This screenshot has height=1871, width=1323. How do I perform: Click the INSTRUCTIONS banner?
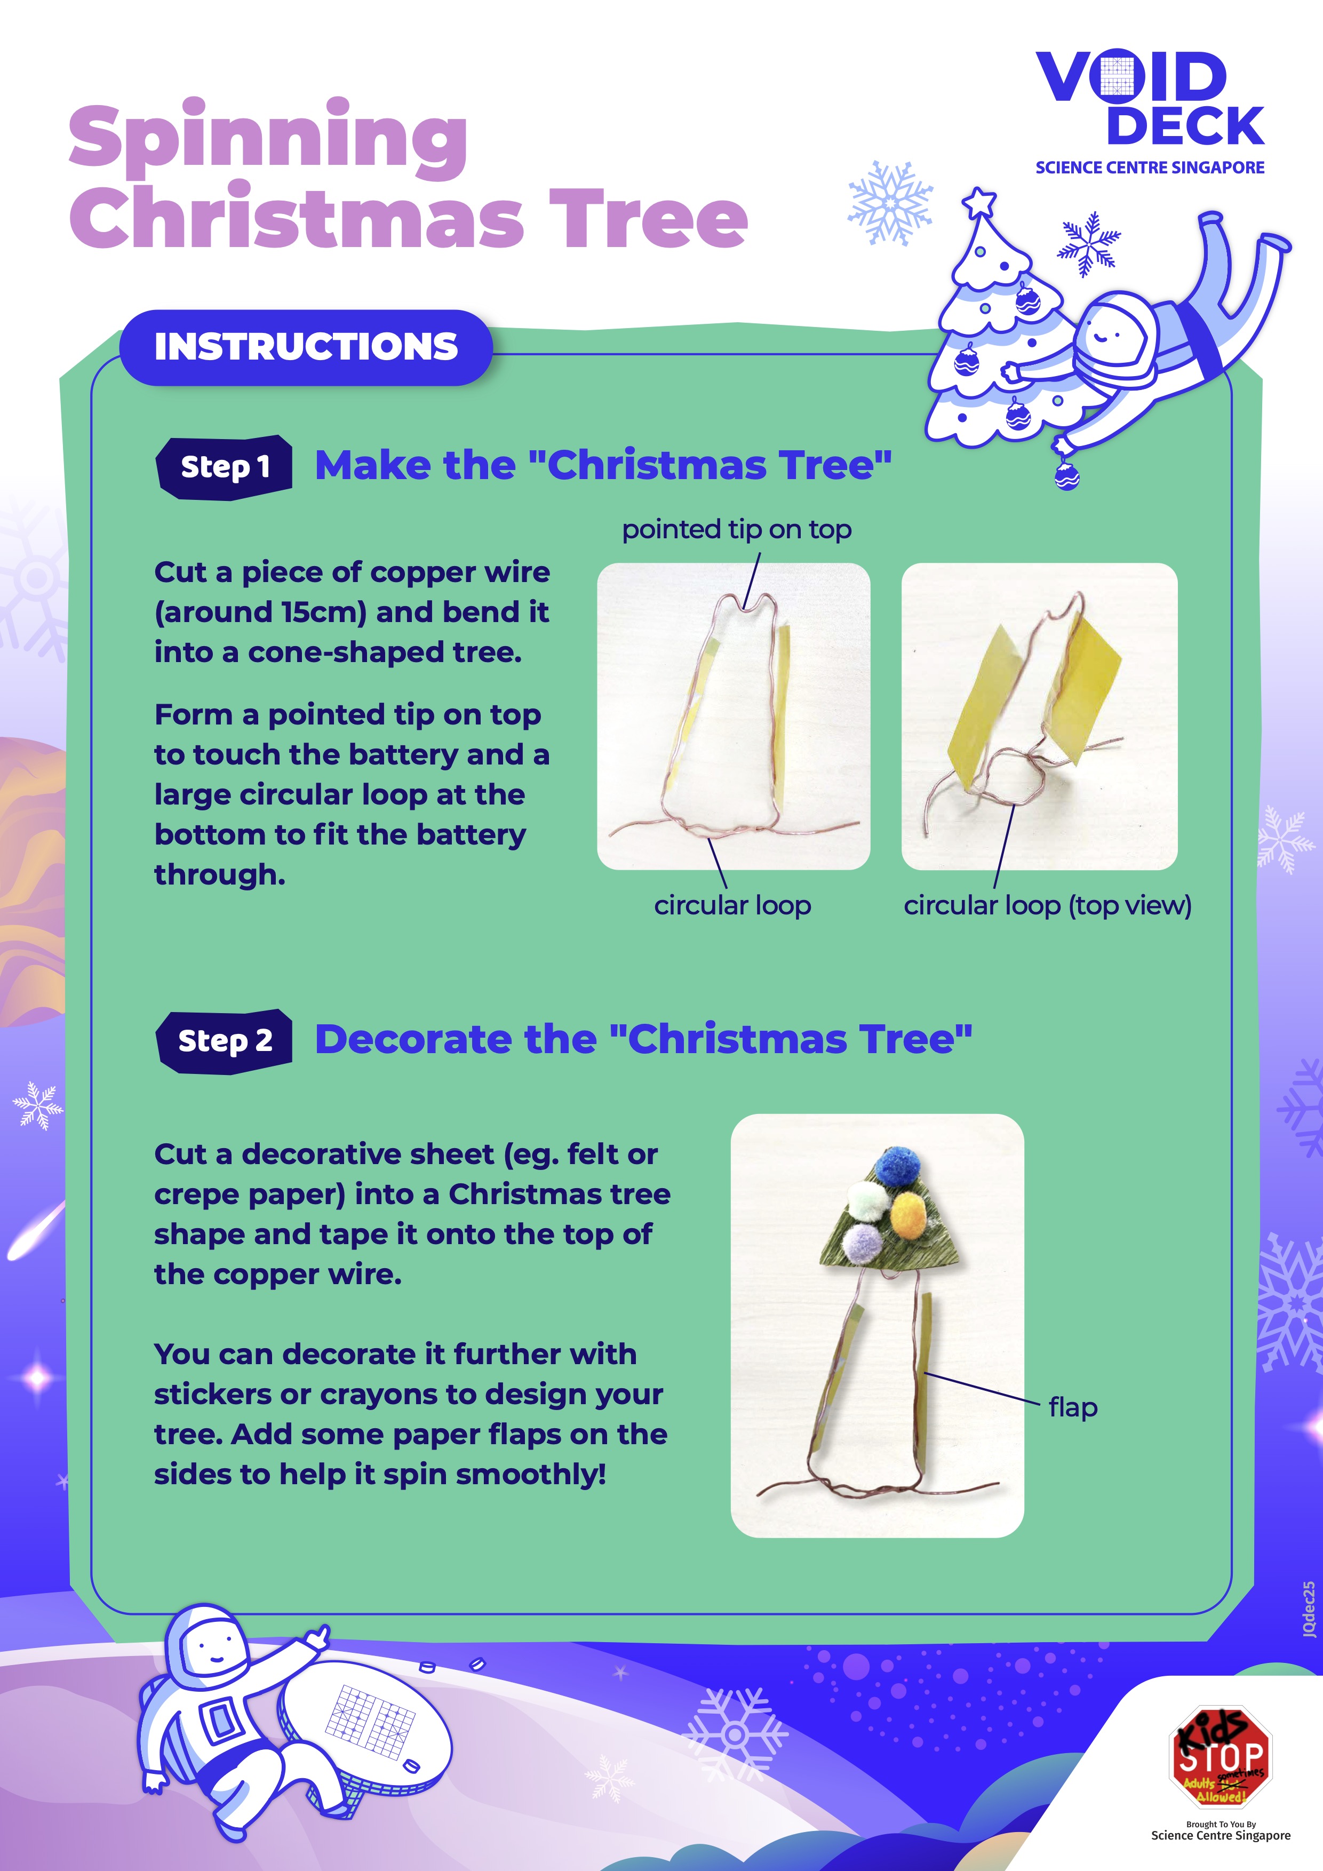[x=306, y=347]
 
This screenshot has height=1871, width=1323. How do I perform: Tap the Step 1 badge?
[x=224, y=467]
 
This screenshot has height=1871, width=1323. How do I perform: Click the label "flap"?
[x=1073, y=1407]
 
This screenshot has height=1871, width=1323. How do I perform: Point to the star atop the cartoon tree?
[x=979, y=201]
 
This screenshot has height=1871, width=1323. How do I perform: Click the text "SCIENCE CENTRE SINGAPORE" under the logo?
[x=1150, y=168]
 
